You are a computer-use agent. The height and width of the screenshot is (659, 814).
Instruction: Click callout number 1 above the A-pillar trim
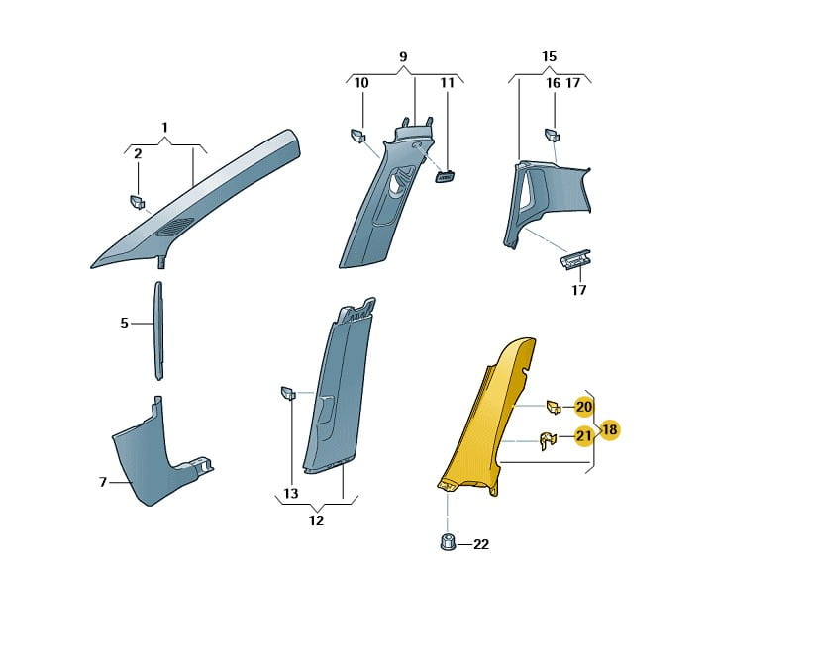pos(165,128)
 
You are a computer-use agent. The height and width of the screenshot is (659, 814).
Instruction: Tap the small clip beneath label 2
pos(138,203)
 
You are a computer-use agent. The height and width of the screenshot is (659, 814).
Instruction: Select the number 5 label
pos(124,323)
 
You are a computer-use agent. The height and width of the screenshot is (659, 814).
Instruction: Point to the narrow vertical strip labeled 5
pos(156,330)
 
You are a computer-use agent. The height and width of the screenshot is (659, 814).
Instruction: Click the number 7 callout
pos(102,482)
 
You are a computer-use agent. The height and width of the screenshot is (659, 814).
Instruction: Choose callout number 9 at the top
pos(404,57)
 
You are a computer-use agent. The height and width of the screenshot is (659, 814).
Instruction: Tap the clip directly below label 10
pos(358,135)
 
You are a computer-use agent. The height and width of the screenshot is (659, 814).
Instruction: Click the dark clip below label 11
pos(445,176)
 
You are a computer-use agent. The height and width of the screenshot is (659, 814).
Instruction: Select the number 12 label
pos(316,520)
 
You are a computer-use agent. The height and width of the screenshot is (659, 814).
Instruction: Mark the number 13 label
pos(290,493)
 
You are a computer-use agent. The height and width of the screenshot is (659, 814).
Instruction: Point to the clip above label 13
pos(288,395)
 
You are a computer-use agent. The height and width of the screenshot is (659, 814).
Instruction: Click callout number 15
pos(549,57)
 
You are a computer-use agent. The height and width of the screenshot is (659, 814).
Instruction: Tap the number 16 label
pos(554,84)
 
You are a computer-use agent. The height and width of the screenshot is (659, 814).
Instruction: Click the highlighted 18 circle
pos(609,430)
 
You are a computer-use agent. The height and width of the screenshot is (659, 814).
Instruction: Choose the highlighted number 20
pos(584,407)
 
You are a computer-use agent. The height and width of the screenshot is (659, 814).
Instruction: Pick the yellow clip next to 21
pos(548,440)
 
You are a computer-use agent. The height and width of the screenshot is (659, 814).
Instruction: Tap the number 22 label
pos(481,544)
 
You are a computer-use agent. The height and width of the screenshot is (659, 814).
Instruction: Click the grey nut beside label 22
pos(446,542)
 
